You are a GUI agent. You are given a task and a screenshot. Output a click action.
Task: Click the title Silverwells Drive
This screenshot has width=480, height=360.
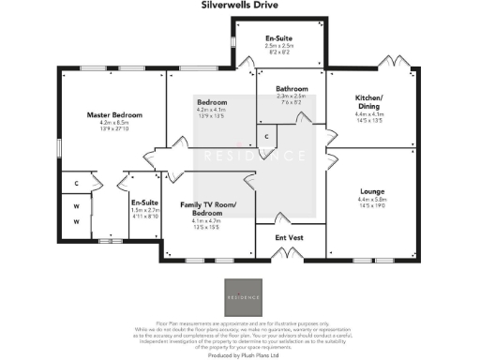(x=240, y=5)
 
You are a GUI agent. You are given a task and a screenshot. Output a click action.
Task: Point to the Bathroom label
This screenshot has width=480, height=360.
(x=292, y=87)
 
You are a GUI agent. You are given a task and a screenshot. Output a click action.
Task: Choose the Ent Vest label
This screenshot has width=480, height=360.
(x=289, y=238)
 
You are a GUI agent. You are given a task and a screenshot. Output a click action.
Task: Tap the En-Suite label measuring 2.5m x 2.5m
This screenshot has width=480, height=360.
(x=279, y=37)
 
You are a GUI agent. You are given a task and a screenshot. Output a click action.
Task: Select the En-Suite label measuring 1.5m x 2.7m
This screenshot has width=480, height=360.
(x=144, y=202)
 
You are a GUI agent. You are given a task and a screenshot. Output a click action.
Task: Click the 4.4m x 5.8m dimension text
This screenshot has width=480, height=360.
(x=372, y=199)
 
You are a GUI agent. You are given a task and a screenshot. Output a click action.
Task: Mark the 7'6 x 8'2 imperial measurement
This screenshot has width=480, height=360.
(x=292, y=103)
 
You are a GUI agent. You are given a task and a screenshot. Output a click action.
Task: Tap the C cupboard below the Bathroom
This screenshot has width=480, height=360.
(x=267, y=138)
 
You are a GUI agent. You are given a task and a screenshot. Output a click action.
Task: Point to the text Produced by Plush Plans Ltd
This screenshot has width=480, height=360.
(x=240, y=355)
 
